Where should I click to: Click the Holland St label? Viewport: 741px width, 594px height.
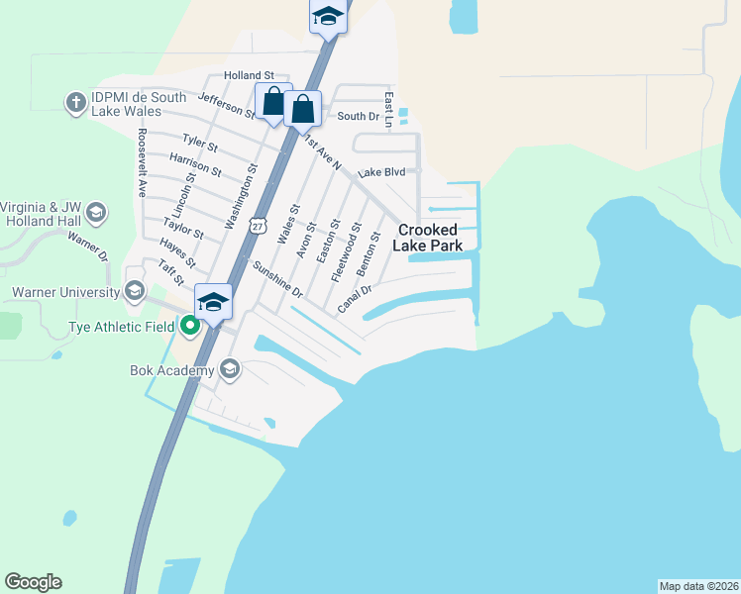(x=249, y=75)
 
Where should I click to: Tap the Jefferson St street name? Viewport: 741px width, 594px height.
(x=228, y=105)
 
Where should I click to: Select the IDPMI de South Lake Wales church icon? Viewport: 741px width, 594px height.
(x=75, y=102)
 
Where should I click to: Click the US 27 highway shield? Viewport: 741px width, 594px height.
(x=258, y=227)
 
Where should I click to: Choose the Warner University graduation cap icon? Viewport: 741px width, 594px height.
(x=135, y=292)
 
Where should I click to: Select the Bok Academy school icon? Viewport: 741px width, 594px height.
(x=230, y=370)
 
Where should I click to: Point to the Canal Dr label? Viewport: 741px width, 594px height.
(x=354, y=298)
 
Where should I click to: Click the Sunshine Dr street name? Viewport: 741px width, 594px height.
(x=276, y=279)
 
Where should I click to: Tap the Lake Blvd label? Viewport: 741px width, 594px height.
(x=382, y=172)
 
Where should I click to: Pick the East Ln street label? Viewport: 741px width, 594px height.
(x=389, y=110)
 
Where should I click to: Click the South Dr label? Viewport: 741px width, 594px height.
(x=359, y=117)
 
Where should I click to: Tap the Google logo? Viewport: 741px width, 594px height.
(x=33, y=582)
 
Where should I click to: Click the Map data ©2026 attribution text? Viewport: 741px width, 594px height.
(x=699, y=586)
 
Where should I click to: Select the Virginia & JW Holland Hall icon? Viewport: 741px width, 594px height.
(x=96, y=213)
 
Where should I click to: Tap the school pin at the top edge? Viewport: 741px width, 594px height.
(x=328, y=18)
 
